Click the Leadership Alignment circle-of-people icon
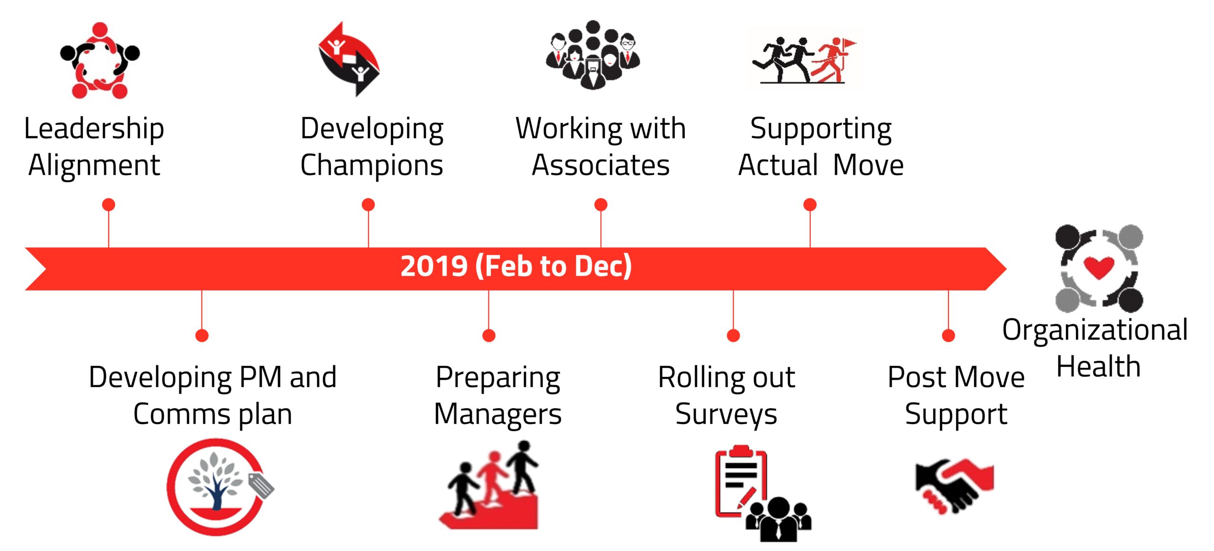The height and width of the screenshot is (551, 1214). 100,61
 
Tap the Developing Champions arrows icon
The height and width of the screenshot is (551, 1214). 349,59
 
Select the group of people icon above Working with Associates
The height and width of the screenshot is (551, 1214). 593,54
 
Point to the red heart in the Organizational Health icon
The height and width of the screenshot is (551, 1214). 1099,268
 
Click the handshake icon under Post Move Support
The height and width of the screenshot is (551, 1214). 954,486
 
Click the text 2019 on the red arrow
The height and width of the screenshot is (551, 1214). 434,266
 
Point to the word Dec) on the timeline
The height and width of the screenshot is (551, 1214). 603,266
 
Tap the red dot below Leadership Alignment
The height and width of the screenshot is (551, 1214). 109,205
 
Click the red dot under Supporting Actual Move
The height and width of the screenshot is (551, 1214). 810,205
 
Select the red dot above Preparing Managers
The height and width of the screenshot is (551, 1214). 488,335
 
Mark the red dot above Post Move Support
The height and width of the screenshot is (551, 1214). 948,335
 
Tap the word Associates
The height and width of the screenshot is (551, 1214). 600,165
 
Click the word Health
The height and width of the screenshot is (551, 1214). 1098,367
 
